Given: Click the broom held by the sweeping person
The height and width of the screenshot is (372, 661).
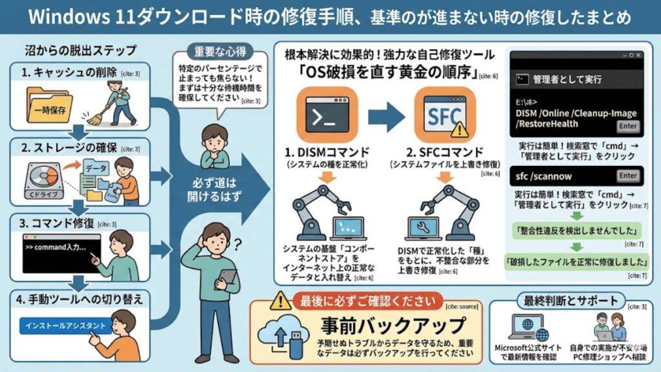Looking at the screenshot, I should [x=99, y=103].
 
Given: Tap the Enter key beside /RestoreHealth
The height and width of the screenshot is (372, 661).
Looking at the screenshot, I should [x=628, y=127].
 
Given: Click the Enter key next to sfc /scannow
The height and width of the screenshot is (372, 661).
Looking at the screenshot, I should [x=628, y=176].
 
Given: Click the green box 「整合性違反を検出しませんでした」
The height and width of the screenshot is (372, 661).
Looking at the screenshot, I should [x=573, y=230].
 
